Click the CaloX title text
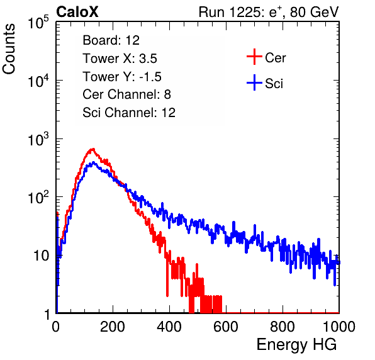[77, 12]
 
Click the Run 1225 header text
[269, 12]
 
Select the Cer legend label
[275, 58]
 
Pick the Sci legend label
[274, 84]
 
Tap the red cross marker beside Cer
[254, 57]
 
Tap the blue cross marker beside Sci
[254, 82]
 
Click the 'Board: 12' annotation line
[111, 40]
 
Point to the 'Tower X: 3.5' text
[120, 59]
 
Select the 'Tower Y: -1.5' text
[122, 77]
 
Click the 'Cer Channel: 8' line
[126, 94]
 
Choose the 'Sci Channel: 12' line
[129, 113]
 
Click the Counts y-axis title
[9, 49]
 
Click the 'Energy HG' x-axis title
[296, 345]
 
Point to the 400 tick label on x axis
[169, 327]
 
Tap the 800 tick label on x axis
[283, 327]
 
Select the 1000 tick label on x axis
[339, 327]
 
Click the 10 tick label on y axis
[41, 256]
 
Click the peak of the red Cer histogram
[92, 149]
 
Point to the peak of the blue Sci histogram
[93, 162]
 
